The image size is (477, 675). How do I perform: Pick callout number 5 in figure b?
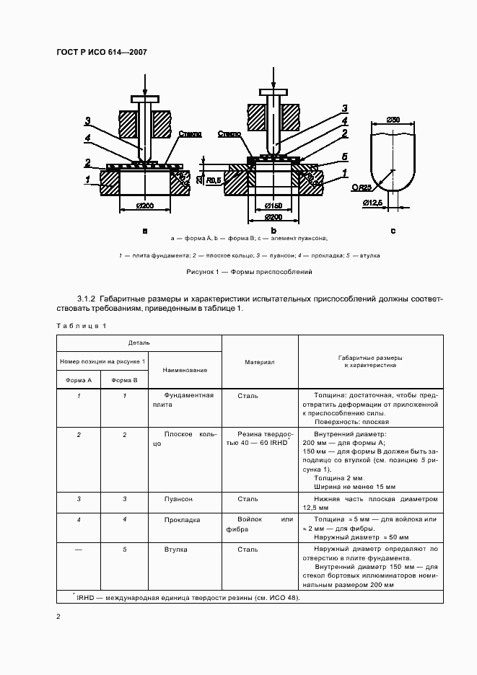click(345, 156)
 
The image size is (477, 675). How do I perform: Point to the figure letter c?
click(393, 231)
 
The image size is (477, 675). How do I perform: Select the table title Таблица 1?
click(81, 326)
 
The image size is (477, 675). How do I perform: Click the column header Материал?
click(259, 362)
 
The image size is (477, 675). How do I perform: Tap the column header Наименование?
click(185, 370)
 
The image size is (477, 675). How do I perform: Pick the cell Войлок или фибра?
click(260, 524)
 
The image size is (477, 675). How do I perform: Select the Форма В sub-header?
click(125, 379)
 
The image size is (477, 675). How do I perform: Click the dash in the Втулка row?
click(79, 550)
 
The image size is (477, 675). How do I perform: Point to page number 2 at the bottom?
click(58, 617)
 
